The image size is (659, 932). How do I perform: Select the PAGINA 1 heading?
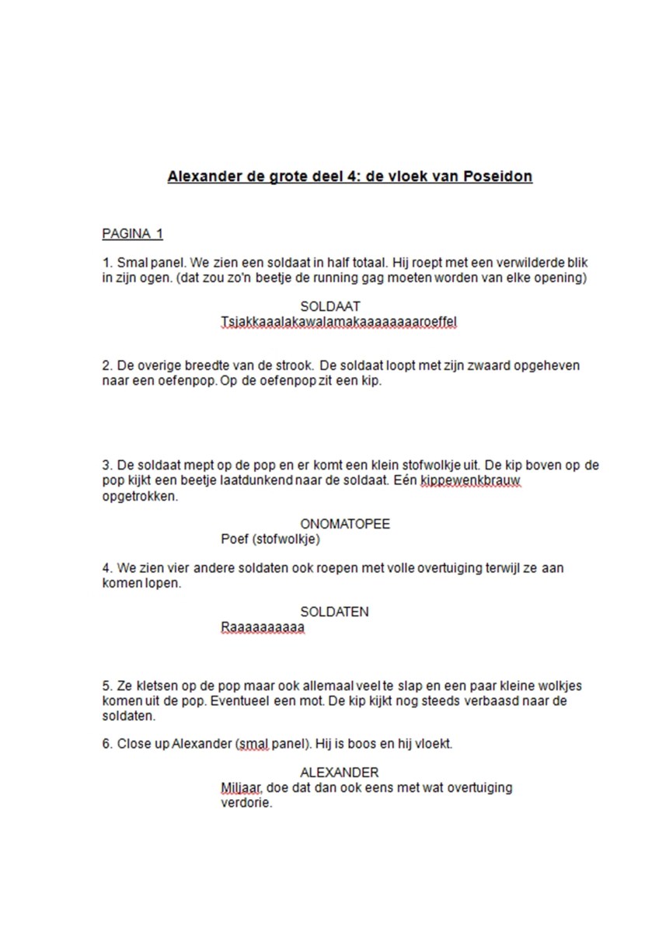pos(132,234)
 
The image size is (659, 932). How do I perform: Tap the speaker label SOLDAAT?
pos(329,307)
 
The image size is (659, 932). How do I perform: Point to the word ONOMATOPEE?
pos(345,524)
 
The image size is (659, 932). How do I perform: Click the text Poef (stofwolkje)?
pos(270,539)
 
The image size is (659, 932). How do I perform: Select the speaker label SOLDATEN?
pos(334,612)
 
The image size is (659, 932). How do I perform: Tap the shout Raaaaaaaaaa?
pos(262,627)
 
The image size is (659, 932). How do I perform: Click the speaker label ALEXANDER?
pos(339,772)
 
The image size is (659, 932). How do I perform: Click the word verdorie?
pos(246,803)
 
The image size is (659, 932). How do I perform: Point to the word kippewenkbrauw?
pos(470,481)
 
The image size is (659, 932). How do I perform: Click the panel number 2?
pos(106,365)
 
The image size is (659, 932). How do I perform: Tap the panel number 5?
pos(106,686)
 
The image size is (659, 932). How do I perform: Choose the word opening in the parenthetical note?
pos(558,278)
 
